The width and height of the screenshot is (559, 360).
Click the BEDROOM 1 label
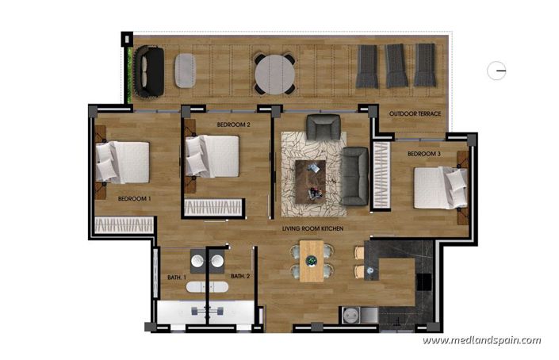click(134, 198)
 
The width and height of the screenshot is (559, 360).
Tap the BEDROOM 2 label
click(233, 124)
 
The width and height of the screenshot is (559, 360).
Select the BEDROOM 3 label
click(423, 153)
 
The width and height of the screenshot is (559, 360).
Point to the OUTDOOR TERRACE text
click(415, 114)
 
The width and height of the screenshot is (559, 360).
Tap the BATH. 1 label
click(176, 277)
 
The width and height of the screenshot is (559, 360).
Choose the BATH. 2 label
click(240, 277)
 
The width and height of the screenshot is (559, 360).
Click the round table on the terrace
click(274, 73)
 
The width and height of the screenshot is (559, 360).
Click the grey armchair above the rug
click(322, 127)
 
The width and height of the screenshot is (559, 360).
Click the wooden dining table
click(312, 262)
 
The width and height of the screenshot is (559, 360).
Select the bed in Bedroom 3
click(441, 187)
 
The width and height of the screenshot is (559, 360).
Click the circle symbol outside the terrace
click(497, 71)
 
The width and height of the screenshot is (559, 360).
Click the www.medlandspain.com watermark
click(481, 341)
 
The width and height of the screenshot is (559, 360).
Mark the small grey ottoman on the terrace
click(186, 71)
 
